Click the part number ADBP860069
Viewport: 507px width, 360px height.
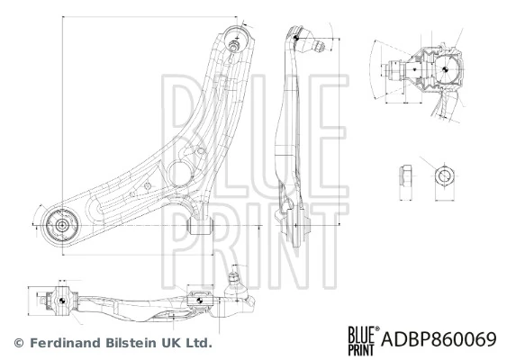tap(439, 339)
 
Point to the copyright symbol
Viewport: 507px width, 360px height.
tap(19, 343)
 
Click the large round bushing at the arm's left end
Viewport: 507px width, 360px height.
tap(62, 225)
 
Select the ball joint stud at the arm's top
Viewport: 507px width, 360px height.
tap(233, 45)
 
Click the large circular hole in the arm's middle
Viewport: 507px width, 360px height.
tap(180, 173)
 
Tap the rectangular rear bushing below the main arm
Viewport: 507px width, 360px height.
tap(201, 226)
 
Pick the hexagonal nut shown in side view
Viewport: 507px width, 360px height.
tap(406, 175)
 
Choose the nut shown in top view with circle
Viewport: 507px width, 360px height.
tap(445, 176)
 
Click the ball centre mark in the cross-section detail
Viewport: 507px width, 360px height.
tap(445, 68)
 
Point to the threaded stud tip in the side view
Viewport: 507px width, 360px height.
tap(321, 47)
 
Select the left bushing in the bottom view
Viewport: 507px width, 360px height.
tap(62, 301)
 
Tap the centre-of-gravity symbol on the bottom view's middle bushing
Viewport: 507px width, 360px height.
tap(200, 301)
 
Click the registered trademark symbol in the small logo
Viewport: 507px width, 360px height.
tap(377, 328)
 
